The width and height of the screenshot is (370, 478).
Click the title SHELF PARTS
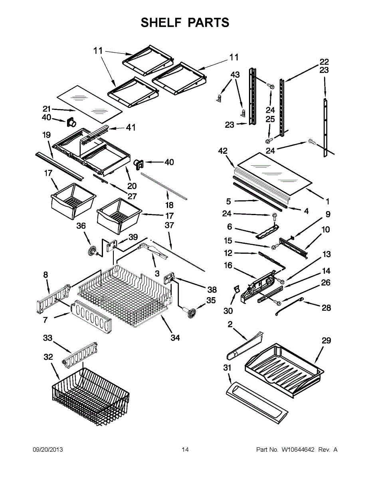pyautogui.click(x=185, y=23)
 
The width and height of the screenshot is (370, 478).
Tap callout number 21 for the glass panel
pyautogui.click(x=47, y=108)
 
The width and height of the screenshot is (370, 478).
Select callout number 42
pyautogui.click(x=223, y=151)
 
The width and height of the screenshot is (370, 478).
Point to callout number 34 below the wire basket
pyautogui.click(x=175, y=338)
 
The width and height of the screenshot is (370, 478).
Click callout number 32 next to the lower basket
pyautogui.click(x=48, y=357)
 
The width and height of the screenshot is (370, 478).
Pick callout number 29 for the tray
pyautogui.click(x=326, y=341)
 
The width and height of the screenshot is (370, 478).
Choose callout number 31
pyautogui.click(x=227, y=368)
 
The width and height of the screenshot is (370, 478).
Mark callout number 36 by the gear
pyautogui.click(x=81, y=225)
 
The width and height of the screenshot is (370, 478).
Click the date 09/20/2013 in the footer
pyautogui.click(x=47, y=450)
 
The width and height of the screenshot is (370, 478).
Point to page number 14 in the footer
pyautogui.click(x=185, y=450)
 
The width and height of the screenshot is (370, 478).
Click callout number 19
pyautogui.click(x=47, y=135)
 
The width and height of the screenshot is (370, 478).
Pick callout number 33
pyautogui.click(x=48, y=338)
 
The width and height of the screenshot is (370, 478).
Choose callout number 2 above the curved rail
pyautogui.click(x=230, y=325)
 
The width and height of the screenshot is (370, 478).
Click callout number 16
pyautogui.click(x=228, y=266)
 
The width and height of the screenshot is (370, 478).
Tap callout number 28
pyautogui.click(x=326, y=308)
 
